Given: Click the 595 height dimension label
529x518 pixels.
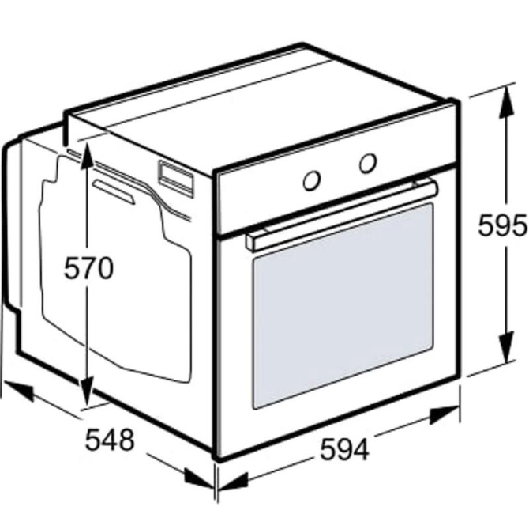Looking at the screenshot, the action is (x=502, y=225).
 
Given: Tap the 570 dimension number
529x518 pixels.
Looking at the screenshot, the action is (x=88, y=268).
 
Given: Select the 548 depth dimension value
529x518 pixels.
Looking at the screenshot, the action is (x=109, y=440).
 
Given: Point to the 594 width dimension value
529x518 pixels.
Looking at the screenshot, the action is (x=344, y=449).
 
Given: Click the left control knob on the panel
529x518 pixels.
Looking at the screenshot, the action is (x=311, y=180).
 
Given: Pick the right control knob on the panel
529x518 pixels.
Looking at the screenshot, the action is (x=368, y=163).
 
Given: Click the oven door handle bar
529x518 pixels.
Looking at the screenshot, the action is (x=342, y=215).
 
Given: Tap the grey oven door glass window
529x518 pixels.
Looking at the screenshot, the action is (x=343, y=306).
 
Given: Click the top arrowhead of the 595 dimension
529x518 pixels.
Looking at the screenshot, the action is (x=506, y=101).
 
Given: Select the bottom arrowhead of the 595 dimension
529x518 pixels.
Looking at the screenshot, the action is (x=506, y=347).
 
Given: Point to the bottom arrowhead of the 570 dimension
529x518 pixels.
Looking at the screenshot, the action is (x=88, y=391).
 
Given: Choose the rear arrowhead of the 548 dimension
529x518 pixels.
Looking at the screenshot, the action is (x=19, y=391).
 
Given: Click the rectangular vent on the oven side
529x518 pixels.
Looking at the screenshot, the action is (x=176, y=179).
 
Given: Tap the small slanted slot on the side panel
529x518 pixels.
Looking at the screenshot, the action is (x=114, y=191).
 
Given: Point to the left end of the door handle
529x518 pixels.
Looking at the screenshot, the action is (x=253, y=241).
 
